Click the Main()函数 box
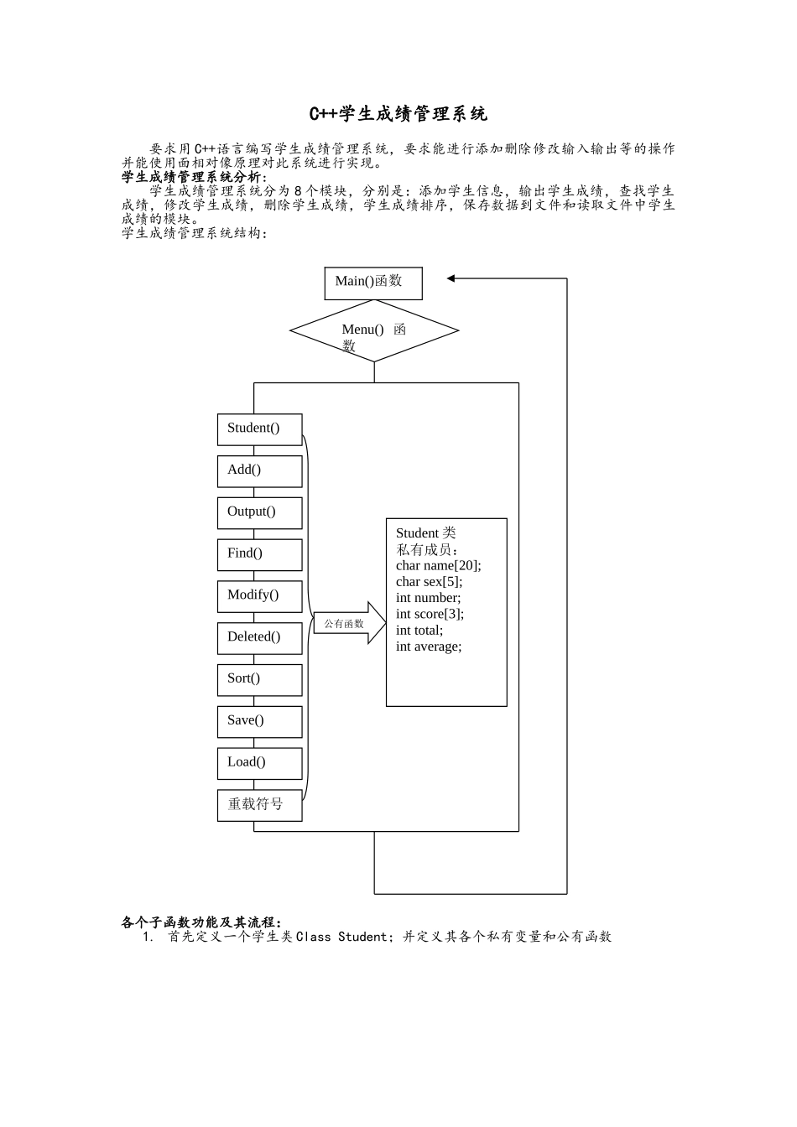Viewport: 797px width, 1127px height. click(x=373, y=283)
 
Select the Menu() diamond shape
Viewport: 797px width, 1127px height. click(x=374, y=330)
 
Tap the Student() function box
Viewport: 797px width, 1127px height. click(x=259, y=428)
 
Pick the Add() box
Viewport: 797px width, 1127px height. click(x=259, y=470)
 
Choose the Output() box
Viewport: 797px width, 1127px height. click(x=259, y=512)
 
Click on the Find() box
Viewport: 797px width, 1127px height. click(x=259, y=554)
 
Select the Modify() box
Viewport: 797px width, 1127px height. click(x=259, y=595)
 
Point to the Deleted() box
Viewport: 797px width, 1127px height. click(x=259, y=637)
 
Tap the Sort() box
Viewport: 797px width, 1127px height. click(x=259, y=679)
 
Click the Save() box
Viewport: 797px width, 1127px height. click(x=259, y=721)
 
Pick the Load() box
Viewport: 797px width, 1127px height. click(x=259, y=762)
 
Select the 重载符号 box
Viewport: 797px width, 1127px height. click(x=259, y=805)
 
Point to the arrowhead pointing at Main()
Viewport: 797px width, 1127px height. click(x=451, y=278)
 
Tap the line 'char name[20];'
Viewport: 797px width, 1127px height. click(x=438, y=565)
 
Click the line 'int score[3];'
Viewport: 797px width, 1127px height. click(x=430, y=614)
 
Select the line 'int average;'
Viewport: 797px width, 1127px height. click(x=429, y=647)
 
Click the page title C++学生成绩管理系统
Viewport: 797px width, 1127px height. click(x=398, y=113)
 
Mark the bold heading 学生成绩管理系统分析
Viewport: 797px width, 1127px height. click(x=194, y=177)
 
